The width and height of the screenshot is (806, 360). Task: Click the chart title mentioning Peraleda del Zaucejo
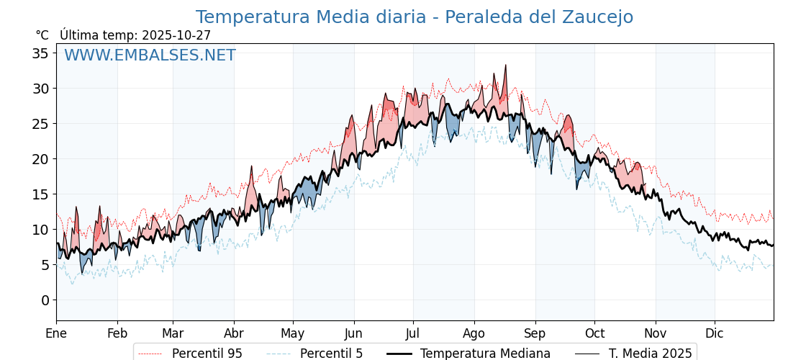coord(415,17)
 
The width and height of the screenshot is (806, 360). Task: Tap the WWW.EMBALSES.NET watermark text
coord(150,55)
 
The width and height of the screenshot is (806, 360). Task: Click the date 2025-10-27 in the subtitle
coord(176,35)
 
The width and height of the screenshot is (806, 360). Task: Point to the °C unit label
coord(42,35)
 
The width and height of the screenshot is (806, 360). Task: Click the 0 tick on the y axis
coord(45,300)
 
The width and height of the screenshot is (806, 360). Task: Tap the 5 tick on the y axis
coord(45,265)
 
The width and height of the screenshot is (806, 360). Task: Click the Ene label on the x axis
coord(56,333)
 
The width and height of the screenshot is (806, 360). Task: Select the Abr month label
coord(234,333)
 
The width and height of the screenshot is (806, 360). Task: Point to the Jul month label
coord(413,333)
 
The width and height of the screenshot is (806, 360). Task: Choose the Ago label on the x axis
coord(474,333)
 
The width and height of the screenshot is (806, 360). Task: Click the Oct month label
coord(594,333)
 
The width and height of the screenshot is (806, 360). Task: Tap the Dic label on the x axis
coord(715,333)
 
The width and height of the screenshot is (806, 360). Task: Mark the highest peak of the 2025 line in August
coord(505,66)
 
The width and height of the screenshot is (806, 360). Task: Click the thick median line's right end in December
coord(773,246)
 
